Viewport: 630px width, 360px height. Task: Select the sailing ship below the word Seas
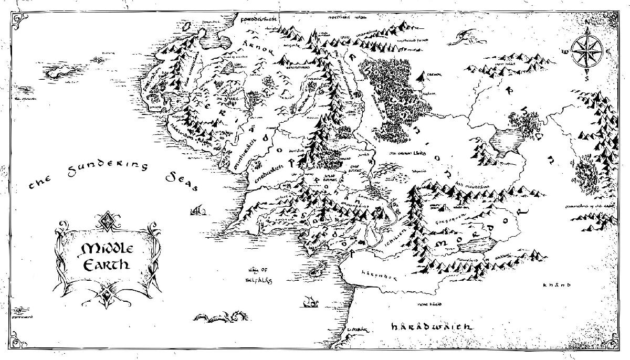point(197,210)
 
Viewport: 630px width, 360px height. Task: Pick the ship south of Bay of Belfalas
point(311,301)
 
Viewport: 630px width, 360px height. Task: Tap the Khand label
point(556,285)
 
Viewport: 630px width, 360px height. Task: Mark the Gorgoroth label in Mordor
point(458,216)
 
